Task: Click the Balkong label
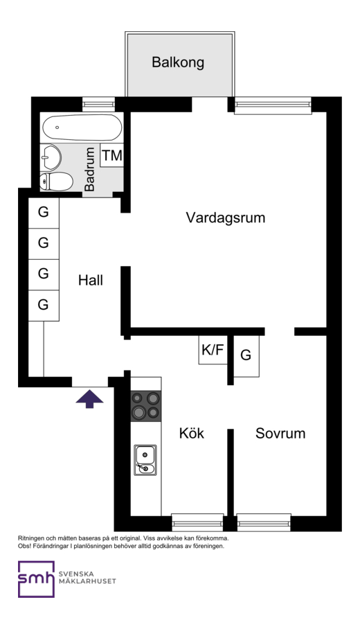click(x=178, y=62)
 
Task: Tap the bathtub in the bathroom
click(x=82, y=127)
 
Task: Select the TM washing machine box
click(x=111, y=155)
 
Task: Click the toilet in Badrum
click(x=57, y=181)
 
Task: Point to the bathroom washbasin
click(x=51, y=157)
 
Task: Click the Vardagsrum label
click(x=226, y=218)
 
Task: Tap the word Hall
click(x=91, y=280)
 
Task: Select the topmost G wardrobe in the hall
click(x=44, y=213)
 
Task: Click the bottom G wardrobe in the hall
click(x=44, y=305)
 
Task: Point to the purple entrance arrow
click(x=89, y=399)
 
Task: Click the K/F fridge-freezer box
click(x=213, y=350)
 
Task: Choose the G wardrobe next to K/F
click(x=246, y=356)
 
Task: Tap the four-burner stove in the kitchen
click(x=146, y=406)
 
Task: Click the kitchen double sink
click(x=145, y=460)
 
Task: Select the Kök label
click(x=192, y=433)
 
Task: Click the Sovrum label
click(x=280, y=433)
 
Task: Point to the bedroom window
click(x=264, y=522)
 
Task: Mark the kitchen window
click(x=197, y=522)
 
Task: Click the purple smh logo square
click(x=36, y=579)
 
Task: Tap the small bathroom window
click(x=98, y=105)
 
